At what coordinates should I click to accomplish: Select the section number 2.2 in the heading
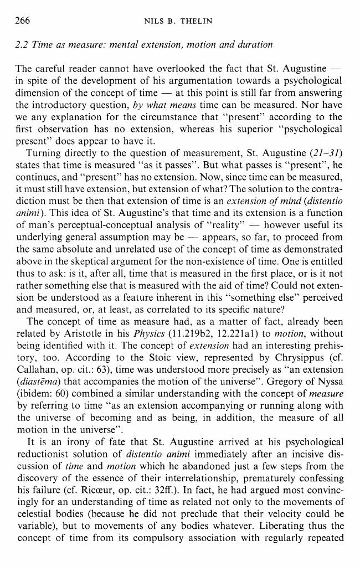pyautogui.click(x=23, y=44)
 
